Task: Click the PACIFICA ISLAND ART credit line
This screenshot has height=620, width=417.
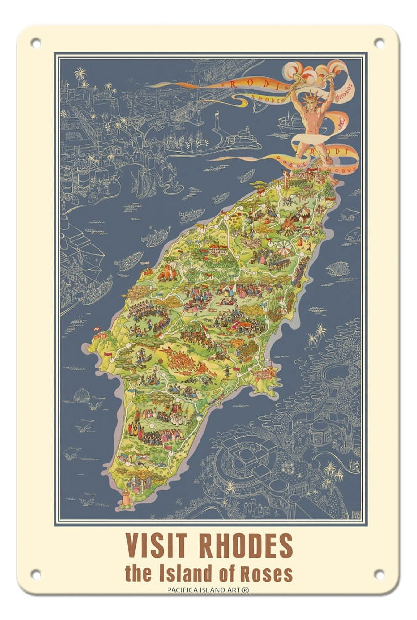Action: point(208,590)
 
